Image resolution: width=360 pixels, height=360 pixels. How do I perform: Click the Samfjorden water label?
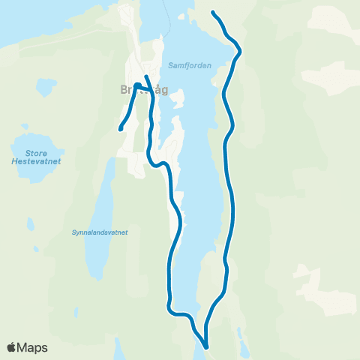point(190,64)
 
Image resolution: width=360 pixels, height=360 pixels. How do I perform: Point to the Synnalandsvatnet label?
point(100,232)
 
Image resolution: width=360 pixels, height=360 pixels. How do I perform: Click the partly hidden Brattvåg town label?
point(142,90)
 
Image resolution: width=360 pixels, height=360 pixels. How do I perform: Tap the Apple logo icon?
point(11,347)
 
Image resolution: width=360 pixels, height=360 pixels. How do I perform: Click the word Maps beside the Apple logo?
point(33,347)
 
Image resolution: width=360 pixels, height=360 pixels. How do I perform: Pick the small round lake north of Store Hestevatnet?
point(45,88)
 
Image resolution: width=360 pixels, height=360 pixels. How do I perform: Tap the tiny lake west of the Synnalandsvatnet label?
point(30,223)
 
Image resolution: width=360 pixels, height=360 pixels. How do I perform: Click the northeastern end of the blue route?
point(214,13)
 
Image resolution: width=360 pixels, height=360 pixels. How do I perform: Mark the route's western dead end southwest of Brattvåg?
point(121,129)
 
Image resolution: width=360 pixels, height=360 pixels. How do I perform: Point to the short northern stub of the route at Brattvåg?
point(146,78)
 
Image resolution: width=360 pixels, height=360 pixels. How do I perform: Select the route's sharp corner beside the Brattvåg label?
point(136,85)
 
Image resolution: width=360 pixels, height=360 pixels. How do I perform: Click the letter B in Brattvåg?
point(123,90)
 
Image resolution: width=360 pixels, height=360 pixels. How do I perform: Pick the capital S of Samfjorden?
point(172,64)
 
